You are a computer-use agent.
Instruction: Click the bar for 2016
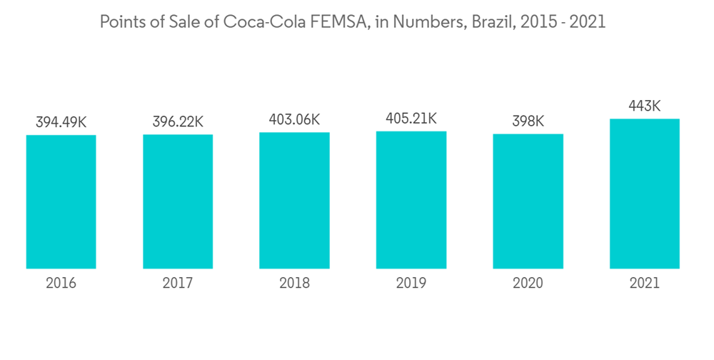[61, 201]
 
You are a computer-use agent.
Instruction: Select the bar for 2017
[178, 201]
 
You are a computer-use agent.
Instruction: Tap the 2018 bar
[294, 200]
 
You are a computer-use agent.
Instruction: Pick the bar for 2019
[411, 199]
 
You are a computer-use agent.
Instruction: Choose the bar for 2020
[528, 201]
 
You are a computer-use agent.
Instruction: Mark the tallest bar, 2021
[644, 194]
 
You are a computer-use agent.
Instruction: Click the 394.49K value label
[61, 123]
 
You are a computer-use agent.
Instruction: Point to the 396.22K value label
[178, 122]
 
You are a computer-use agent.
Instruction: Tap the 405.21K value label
[411, 119]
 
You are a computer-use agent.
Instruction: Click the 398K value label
[528, 122]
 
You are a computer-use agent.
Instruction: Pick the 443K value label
[644, 106]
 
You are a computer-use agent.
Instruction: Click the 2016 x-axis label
[61, 284]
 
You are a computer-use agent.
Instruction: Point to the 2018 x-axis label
[294, 284]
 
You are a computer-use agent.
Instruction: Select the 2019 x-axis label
[411, 284]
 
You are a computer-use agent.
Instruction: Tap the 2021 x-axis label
[644, 284]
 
